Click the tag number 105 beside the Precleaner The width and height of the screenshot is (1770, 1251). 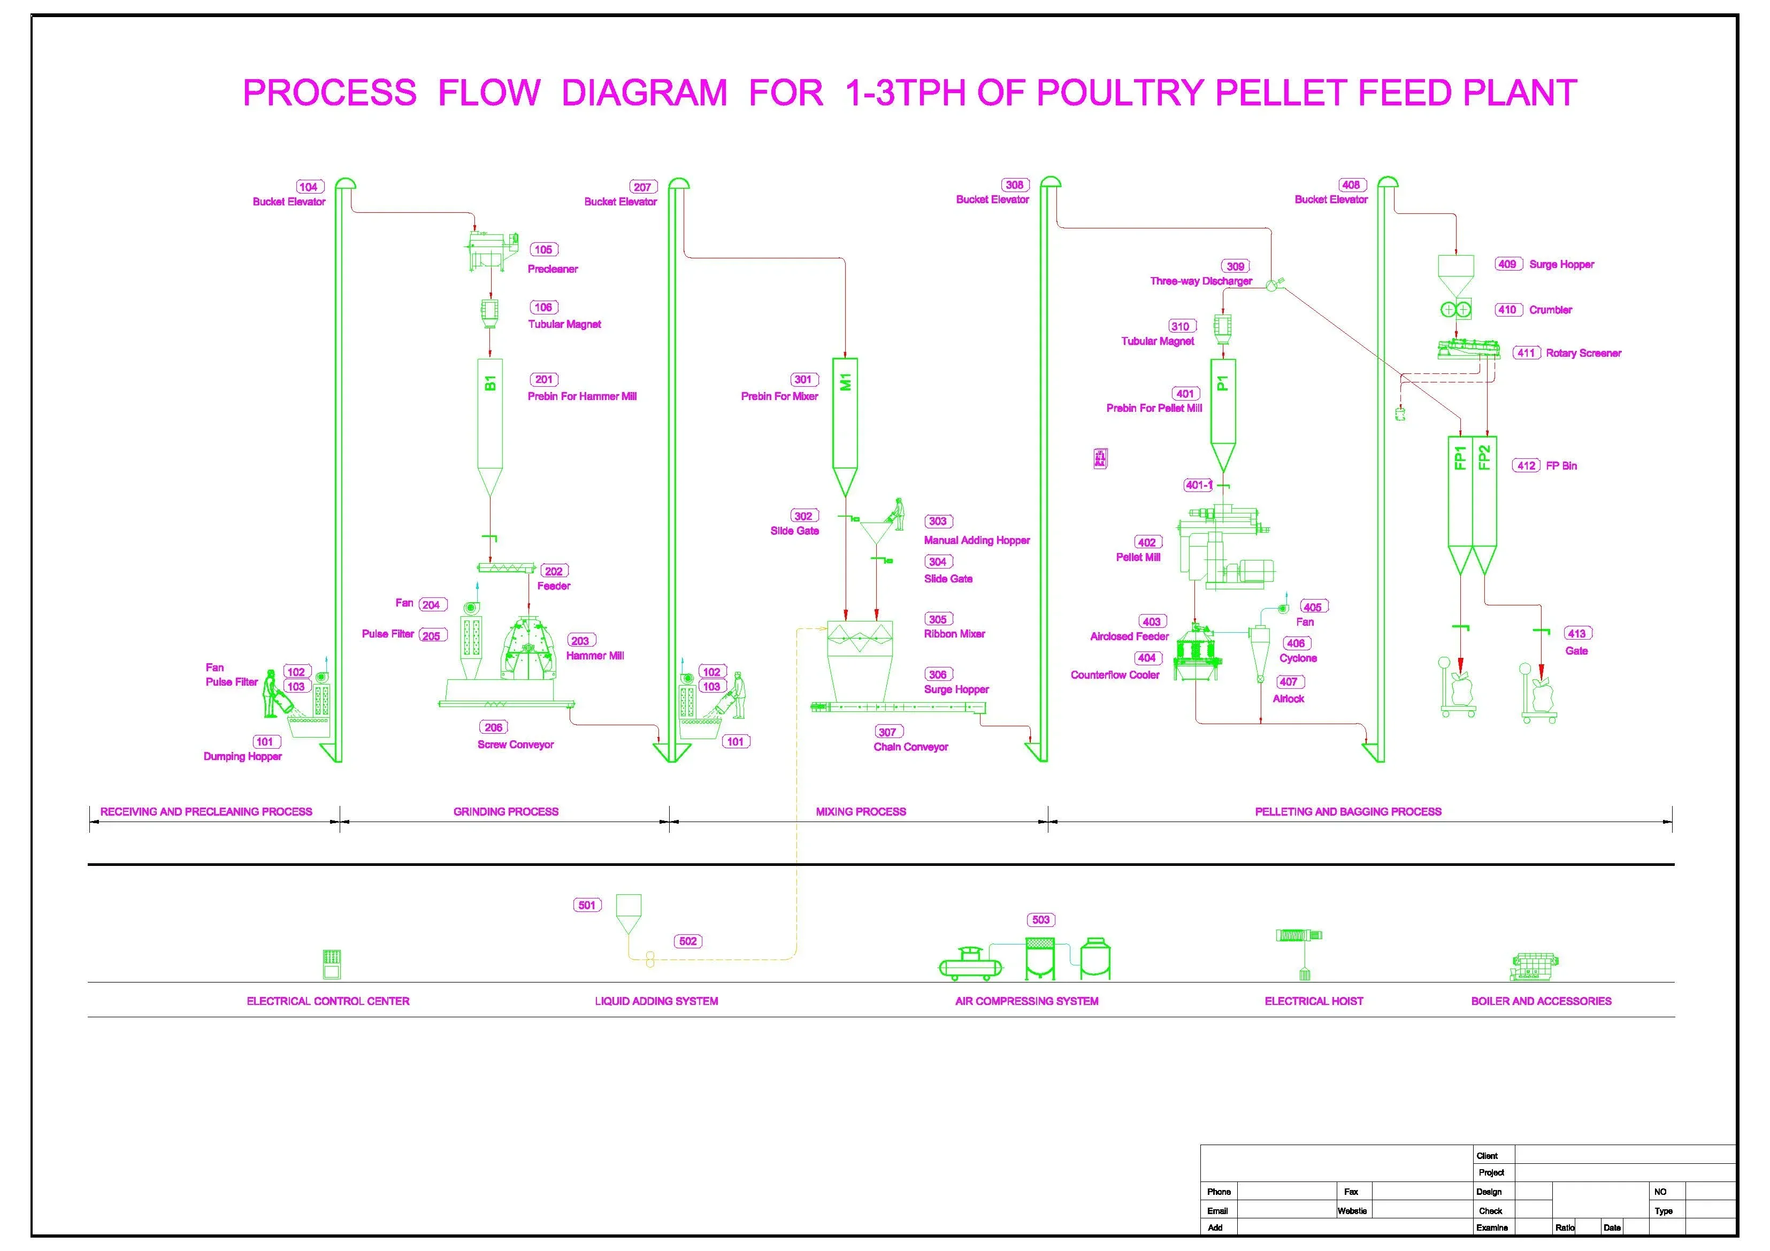(543, 250)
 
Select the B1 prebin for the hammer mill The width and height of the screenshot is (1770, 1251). (491, 428)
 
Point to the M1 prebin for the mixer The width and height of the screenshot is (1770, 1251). (845, 428)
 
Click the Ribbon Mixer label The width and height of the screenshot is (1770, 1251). (954, 634)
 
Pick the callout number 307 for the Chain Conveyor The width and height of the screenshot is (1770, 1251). (888, 732)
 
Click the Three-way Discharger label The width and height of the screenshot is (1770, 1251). (1201, 281)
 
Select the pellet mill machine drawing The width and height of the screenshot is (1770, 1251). (1224, 546)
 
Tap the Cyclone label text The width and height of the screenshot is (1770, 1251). (1298, 658)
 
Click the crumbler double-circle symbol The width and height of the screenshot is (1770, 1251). (1455, 310)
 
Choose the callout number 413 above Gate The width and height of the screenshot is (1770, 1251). (1576, 634)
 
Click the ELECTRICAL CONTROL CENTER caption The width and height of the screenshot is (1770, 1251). (328, 1001)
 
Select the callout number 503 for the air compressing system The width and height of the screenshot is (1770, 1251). (1041, 919)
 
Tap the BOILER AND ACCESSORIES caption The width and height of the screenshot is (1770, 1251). (1541, 1001)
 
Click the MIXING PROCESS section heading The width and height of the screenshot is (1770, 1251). (861, 812)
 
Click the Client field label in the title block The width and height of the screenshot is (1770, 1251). (1487, 1156)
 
